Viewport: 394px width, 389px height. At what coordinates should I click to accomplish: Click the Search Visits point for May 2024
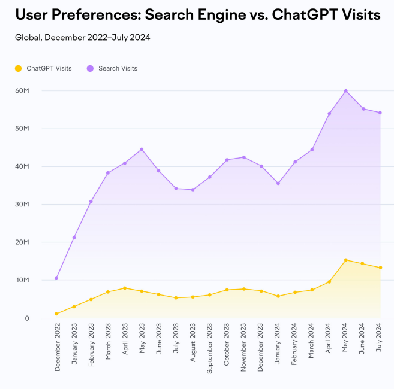[346, 91]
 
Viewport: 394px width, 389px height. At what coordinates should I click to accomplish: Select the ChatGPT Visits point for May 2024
[346, 260]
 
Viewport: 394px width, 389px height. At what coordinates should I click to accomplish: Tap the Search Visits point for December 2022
[56, 278]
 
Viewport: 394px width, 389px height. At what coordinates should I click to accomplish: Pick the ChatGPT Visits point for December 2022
[56, 314]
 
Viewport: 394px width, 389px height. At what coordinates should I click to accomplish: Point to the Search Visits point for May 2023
[142, 149]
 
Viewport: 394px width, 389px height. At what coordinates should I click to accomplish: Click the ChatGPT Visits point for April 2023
[125, 288]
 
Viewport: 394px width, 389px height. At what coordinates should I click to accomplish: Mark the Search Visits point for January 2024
[278, 183]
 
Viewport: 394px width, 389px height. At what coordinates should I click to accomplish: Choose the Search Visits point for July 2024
[380, 113]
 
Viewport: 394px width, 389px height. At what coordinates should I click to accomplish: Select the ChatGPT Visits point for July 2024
[380, 268]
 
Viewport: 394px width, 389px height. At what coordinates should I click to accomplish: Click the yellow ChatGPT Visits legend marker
[19, 68]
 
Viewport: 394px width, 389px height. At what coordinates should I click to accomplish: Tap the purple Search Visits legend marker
[91, 68]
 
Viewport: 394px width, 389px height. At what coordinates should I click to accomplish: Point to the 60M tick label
[22, 90]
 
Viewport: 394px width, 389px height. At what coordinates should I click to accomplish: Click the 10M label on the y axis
[22, 280]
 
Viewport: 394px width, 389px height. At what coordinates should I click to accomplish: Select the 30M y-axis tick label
[22, 204]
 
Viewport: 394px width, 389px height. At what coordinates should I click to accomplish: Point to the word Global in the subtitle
[26, 38]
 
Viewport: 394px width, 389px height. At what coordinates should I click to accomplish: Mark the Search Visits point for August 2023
[193, 190]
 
